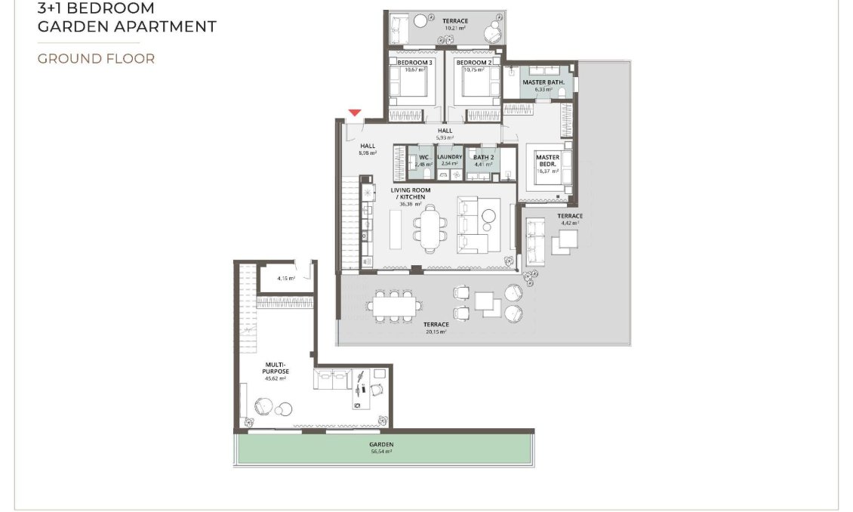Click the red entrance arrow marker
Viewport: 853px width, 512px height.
click(x=355, y=113)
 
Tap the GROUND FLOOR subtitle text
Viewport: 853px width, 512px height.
click(x=96, y=59)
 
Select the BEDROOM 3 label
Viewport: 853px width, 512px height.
click(x=414, y=62)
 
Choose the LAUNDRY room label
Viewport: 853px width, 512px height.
click(x=449, y=157)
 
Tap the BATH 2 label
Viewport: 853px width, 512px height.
click(x=483, y=157)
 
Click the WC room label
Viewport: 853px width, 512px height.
click(x=423, y=157)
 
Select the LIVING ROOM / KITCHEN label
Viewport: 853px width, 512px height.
click(x=411, y=193)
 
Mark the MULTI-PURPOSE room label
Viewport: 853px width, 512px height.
click(x=276, y=367)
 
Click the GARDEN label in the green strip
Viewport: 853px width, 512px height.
click(x=381, y=445)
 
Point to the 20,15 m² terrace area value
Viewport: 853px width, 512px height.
click(x=436, y=332)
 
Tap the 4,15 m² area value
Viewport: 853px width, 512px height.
click(x=285, y=278)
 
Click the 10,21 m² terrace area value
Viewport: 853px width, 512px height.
click(x=455, y=28)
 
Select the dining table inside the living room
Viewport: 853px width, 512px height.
click(x=430, y=229)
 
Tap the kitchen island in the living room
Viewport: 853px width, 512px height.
click(x=396, y=229)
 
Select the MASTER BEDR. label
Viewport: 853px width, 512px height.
click(x=547, y=161)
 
